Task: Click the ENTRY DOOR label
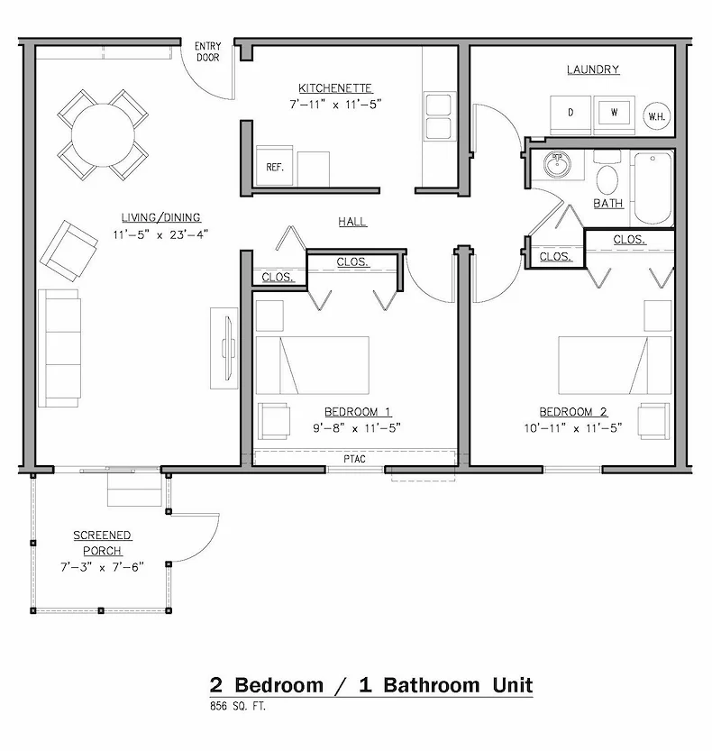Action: (x=208, y=51)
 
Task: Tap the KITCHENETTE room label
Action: (x=335, y=88)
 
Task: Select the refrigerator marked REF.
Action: (x=274, y=167)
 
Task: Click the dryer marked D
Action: (x=571, y=112)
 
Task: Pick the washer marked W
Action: (x=615, y=112)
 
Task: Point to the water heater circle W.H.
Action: (x=655, y=114)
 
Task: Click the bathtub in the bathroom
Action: (x=652, y=189)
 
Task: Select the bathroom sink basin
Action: (x=557, y=165)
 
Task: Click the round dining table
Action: (x=103, y=135)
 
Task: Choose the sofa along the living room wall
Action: (x=59, y=347)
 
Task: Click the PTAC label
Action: (x=354, y=458)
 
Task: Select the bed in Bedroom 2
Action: (x=615, y=365)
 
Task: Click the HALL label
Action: (x=352, y=221)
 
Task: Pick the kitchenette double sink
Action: (x=439, y=116)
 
